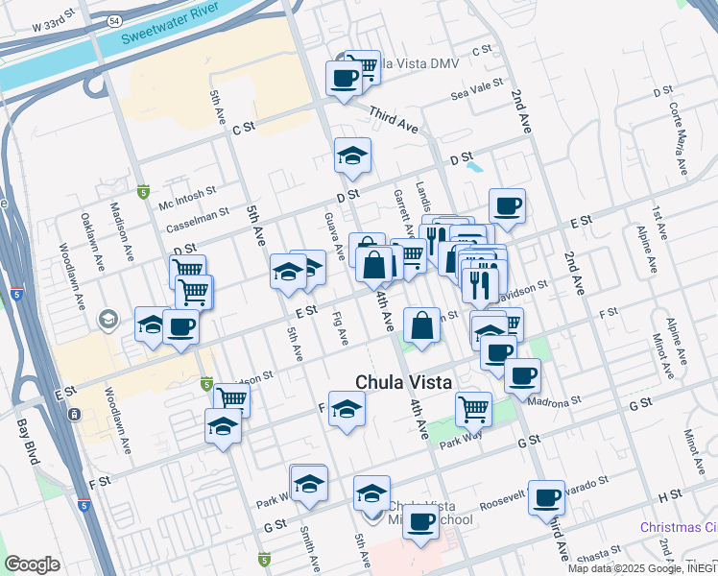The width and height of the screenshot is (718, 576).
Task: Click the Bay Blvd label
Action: pyautogui.click(x=28, y=441)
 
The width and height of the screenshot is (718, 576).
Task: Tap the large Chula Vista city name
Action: pyautogui.click(x=403, y=381)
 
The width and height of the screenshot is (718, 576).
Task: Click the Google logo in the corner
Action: pyautogui.click(x=32, y=564)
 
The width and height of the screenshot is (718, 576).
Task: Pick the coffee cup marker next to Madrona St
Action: pyautogui.click(x=522, y=375)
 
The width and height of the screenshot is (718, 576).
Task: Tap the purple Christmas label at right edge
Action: pyautogui.click(x=679, y=528)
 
